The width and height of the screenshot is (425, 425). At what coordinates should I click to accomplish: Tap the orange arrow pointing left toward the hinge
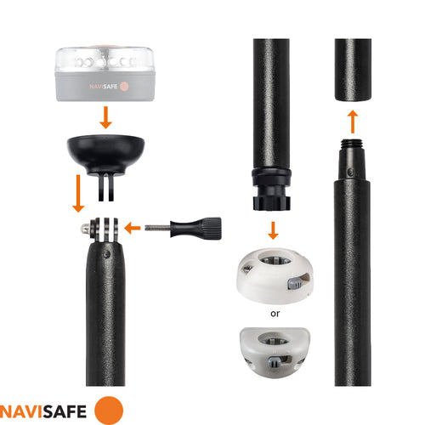point(132,228)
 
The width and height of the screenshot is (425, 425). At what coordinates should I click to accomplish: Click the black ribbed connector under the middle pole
point(271,191)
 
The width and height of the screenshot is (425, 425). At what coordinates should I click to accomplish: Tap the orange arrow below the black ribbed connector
point(271,230)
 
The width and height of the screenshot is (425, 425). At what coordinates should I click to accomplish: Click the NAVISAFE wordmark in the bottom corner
point(44,409)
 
